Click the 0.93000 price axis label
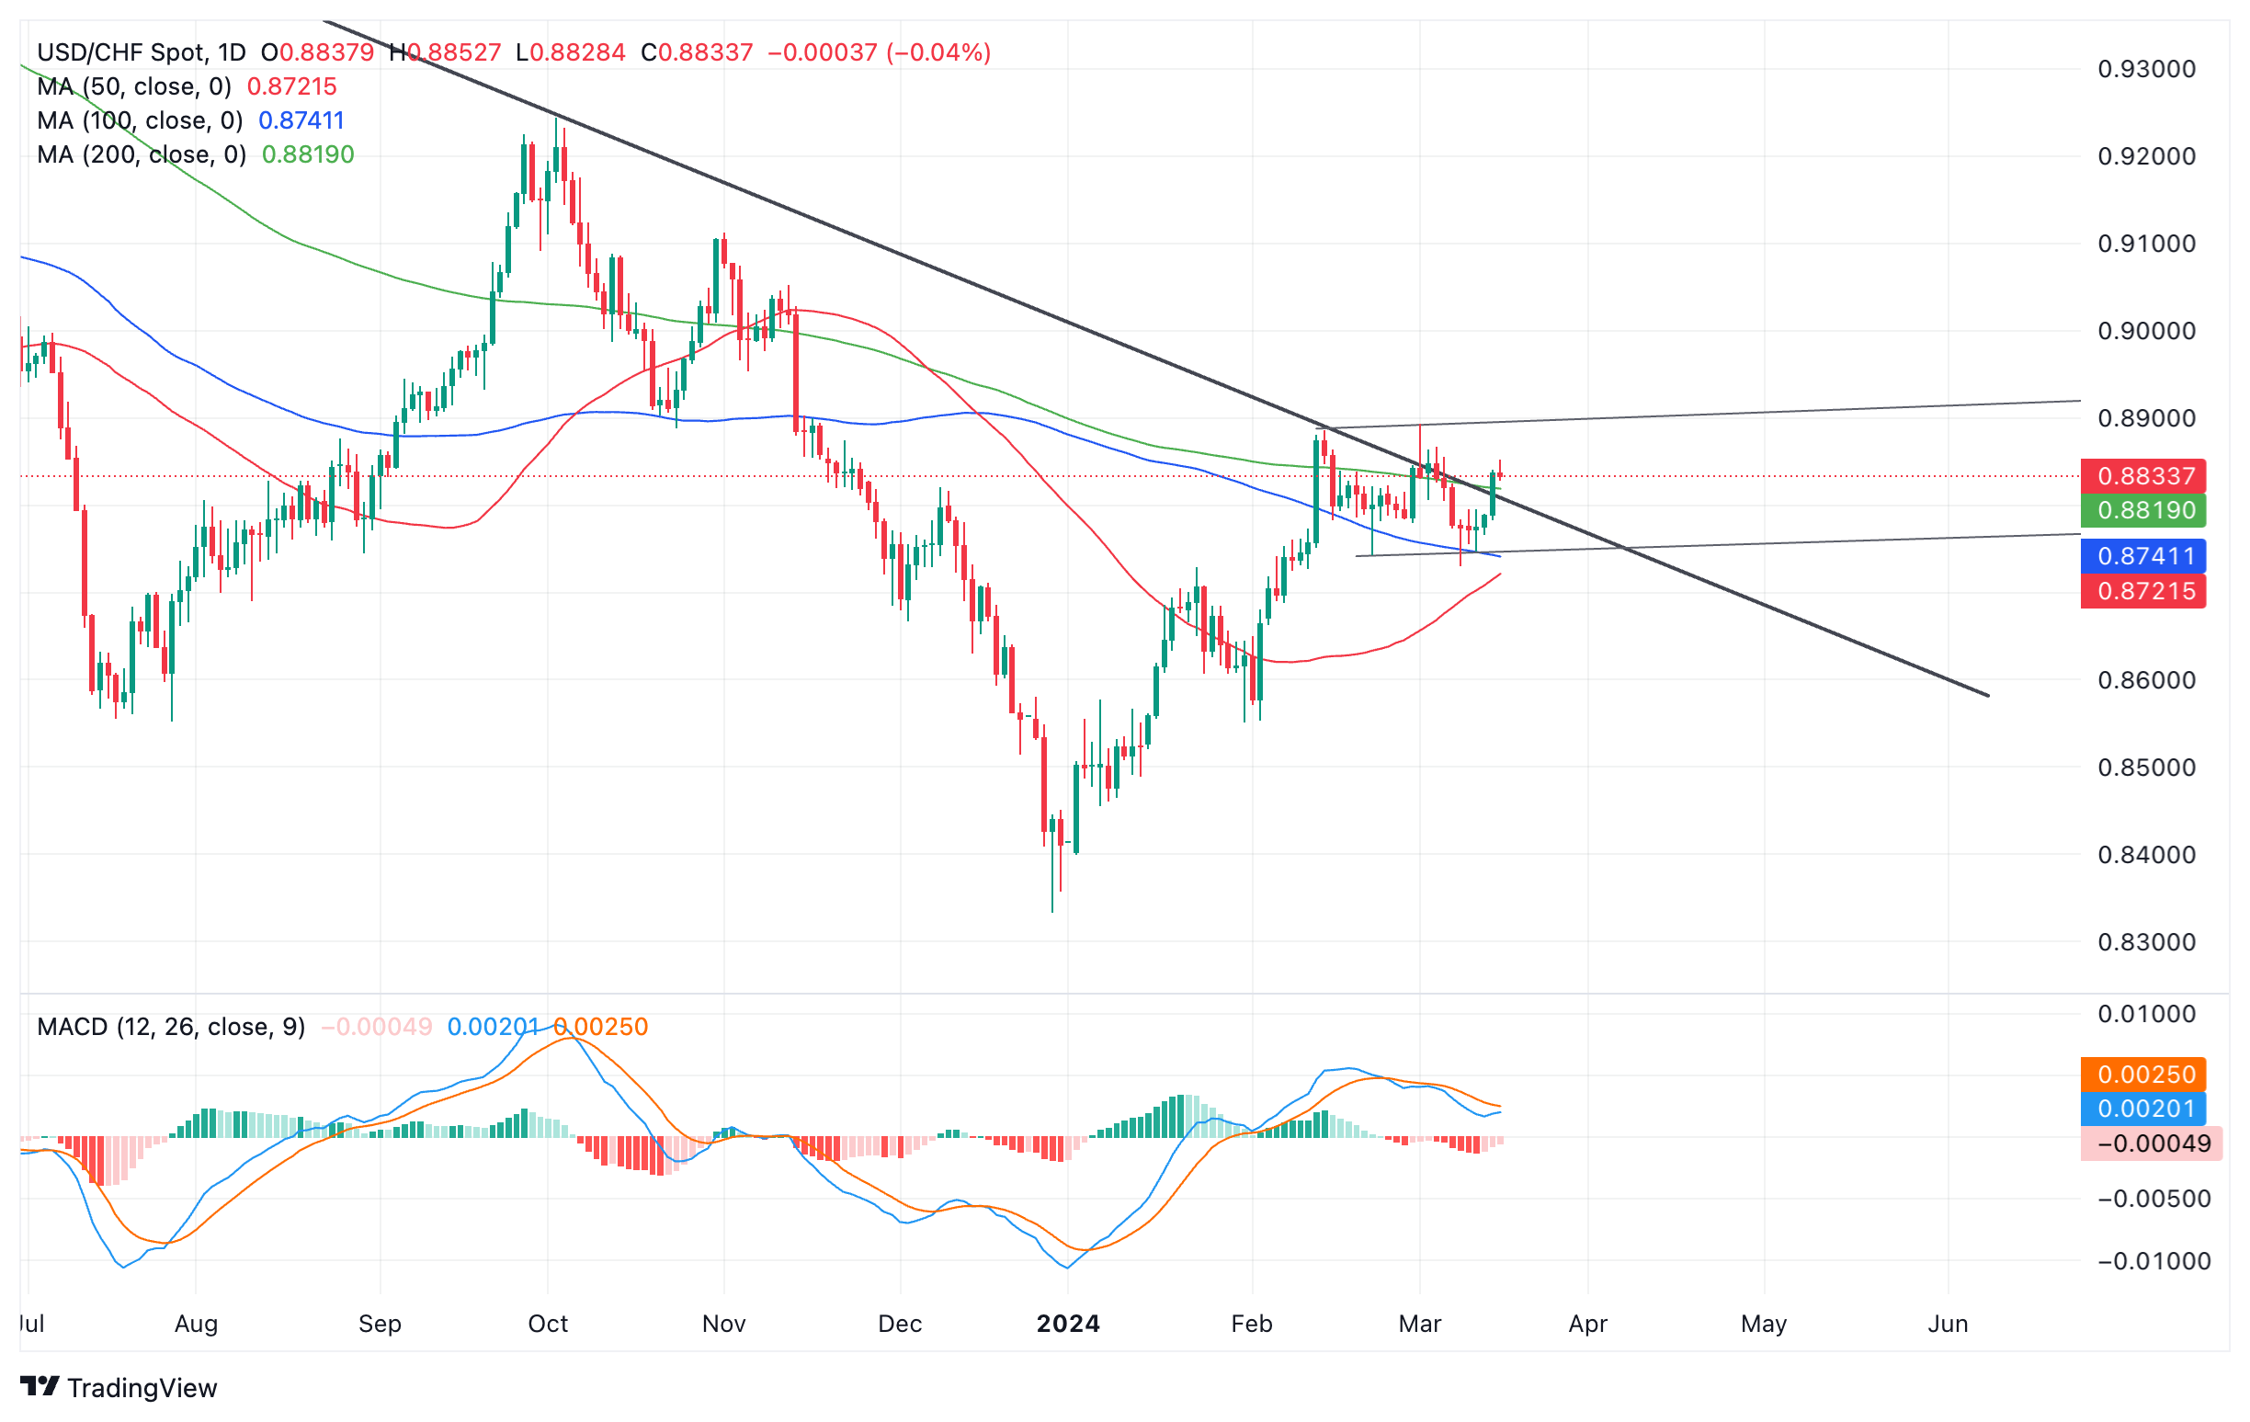pos(2146,69)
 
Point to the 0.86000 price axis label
pos(2146,680)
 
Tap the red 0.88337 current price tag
pos(2143,476)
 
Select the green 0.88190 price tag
pos(2143,511)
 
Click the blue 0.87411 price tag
pos(2143,557)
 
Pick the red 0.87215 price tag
pos(2143,591)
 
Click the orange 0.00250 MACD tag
pos(2143,1075)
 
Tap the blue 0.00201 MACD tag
pos(2143,1109)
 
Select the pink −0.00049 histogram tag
pos(2151,1143)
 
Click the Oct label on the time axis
pos(548,1324)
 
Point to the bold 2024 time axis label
pos(1068,1324)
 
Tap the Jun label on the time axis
pos(1949,1324)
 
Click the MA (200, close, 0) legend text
pos(142,155)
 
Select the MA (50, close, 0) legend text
pos(133,87)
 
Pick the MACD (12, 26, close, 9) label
pos(171,1027)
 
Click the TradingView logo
pos(119,1388)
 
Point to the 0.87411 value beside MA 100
pos(301,120)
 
